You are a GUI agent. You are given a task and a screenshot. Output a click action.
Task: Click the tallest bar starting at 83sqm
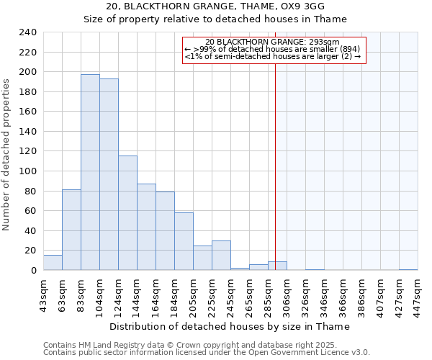pyautogui.click(x=90, y=173)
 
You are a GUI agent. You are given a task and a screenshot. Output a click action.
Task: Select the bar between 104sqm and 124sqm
pyautogui.click(x=109, y=175)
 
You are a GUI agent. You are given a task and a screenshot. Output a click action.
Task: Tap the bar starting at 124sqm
pyautogui.click(x=127, y=213)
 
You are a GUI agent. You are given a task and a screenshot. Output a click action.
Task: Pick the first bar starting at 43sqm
pyautogui.click(x=53, y=263)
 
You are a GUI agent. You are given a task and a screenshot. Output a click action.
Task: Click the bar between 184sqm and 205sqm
pyautogui.click(x=184, y=241)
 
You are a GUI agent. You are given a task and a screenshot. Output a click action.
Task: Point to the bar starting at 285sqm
pyautogui.click(x=277, y=266)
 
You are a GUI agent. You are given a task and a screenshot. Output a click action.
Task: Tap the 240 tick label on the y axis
pyautogui.click(x=27, y=32)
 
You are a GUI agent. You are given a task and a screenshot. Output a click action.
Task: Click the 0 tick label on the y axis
pyautogui.click(x=33, y=271)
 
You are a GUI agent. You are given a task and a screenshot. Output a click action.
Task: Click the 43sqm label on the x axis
pyautogui.click(x=43, y=294)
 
